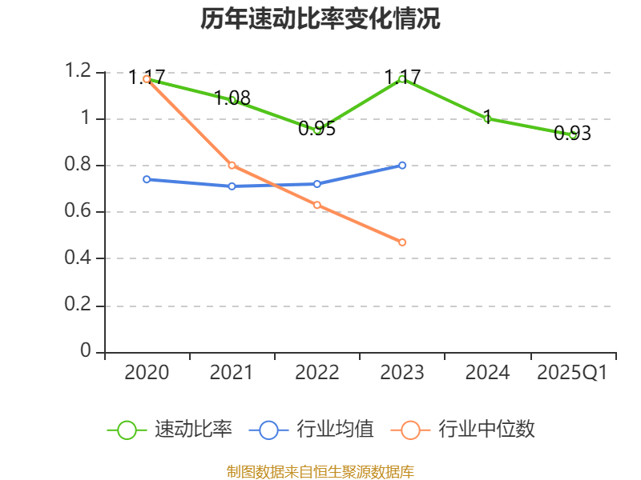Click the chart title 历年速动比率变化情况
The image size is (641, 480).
320,19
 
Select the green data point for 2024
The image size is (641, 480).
487,119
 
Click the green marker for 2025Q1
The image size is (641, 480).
572,135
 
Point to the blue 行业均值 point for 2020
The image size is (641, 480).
147,179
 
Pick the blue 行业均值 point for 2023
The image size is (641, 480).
402,166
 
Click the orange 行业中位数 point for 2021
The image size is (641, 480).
232,166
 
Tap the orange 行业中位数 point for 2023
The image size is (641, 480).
402,242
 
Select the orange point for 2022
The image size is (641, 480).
317,206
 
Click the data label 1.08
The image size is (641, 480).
232,98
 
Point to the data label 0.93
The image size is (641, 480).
572,134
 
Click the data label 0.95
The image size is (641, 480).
316,129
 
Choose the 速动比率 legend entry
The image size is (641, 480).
170,430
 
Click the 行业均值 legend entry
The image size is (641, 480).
312,430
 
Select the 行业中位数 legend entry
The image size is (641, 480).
462,430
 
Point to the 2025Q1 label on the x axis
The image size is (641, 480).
572,373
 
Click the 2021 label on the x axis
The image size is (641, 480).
232,373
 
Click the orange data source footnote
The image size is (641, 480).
320,471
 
